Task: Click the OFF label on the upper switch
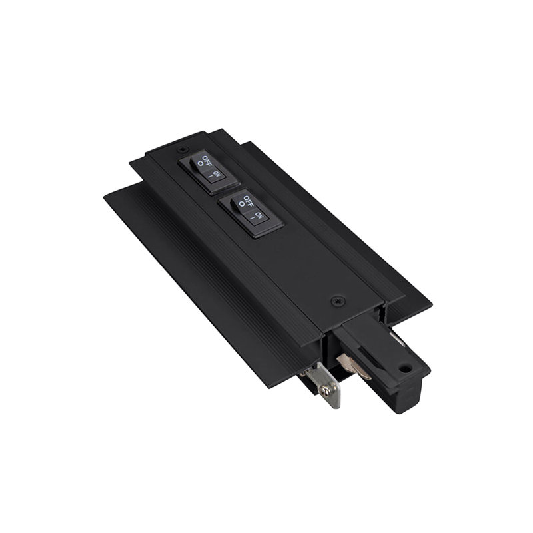pos(206,159)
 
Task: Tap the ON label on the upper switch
pos(216,174)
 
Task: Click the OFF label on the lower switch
pos(248,201)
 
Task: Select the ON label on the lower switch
pos(259,215)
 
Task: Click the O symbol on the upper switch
pos(201,163)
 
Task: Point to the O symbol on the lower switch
pos(242,204)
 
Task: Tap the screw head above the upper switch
pos(183,149)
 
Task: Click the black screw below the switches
pos(338,300)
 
